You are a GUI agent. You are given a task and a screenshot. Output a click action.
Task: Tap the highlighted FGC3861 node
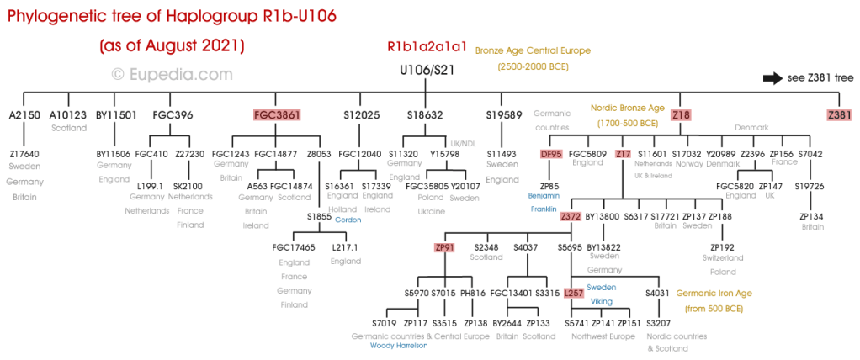click(x=277, y=114)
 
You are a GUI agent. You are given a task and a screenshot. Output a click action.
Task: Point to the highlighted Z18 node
click(x=681, y=114)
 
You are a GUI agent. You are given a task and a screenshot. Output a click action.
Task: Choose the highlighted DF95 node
click(x=550, y=154)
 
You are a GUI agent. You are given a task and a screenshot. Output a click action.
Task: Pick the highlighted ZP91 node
click(x=444, y=247)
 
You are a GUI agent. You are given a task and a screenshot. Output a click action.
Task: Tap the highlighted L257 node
click(x=573, y=293)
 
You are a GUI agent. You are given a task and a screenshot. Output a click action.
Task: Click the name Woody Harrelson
click(x=399, y=345)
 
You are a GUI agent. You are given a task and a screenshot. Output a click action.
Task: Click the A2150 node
click(x=24, y=114)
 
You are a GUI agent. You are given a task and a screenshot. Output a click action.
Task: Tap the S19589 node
click(x=504, y=114)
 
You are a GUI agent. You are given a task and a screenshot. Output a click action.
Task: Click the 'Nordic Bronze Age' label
click(x=626, y=108)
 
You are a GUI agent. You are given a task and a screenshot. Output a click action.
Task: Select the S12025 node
click(x=362, y=114)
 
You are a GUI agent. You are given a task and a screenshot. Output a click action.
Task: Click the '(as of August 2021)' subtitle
click(x=172, y=45)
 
